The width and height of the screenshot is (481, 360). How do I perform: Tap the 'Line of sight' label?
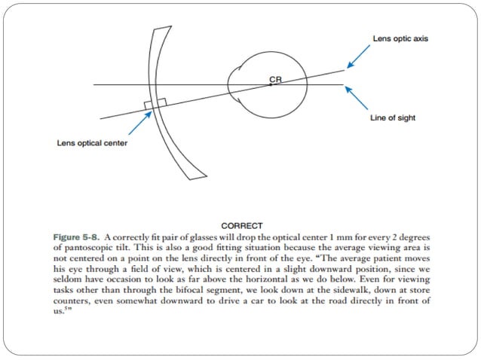pyautogui.click(x=393, y=118)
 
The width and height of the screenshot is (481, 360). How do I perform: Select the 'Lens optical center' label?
pyautogui.click(x=92, y=142)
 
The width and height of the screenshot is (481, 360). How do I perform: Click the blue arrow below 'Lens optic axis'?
pyautogui.click(x=359, y=56)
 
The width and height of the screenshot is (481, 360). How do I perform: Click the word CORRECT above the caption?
pyautogui.click(x=242, y=225)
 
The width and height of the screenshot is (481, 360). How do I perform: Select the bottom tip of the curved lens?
pyautogui.click(x=198, y=177)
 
